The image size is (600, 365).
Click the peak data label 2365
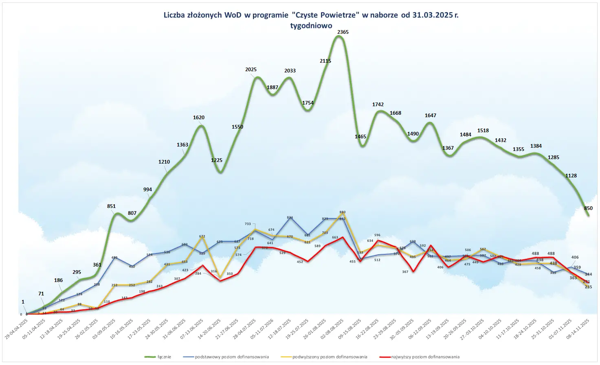(x=343, y=32)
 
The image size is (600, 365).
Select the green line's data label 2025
(x=251, y=70)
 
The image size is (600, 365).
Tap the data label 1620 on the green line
(x=199, y=118)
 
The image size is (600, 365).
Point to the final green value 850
(x=588, y=208)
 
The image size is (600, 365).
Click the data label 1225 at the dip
(x=217, y=160)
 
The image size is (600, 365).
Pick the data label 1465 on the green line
(x=360, y=137)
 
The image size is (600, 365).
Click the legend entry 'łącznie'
(x=164, y=357)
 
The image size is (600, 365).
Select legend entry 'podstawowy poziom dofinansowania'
(x=232, y=357)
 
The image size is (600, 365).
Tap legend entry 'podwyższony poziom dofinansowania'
(x=330, y=357)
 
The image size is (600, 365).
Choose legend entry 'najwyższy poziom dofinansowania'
(x=425, y=357)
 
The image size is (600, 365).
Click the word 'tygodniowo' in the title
(x=311, y=25)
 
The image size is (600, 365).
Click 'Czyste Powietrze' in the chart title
(x=326, y=15)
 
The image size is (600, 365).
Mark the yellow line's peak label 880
(x=343, y=212)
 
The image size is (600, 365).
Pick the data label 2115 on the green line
(x=325, y=61)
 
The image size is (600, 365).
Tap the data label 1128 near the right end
(x=571, y=176)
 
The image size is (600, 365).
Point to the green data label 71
(x=41, y=294)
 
